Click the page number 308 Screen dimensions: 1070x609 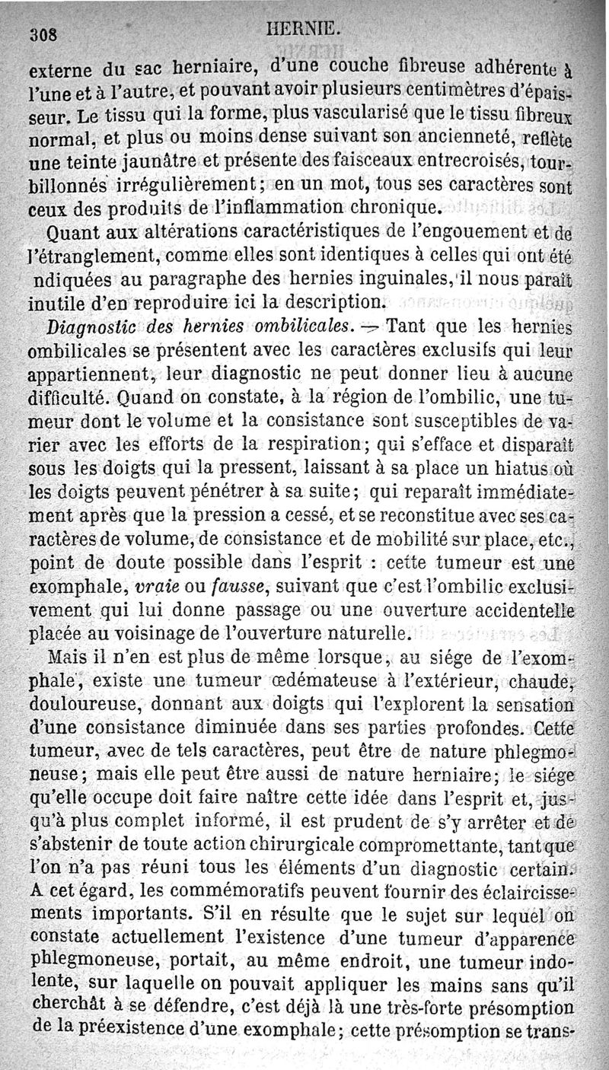(44, 34)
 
